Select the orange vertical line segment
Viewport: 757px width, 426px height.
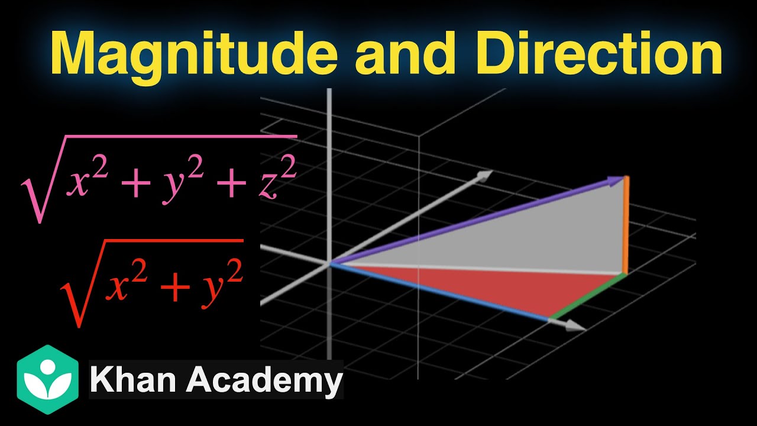626,225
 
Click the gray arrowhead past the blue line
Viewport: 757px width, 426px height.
572,325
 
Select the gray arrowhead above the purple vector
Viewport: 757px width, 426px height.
485,176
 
